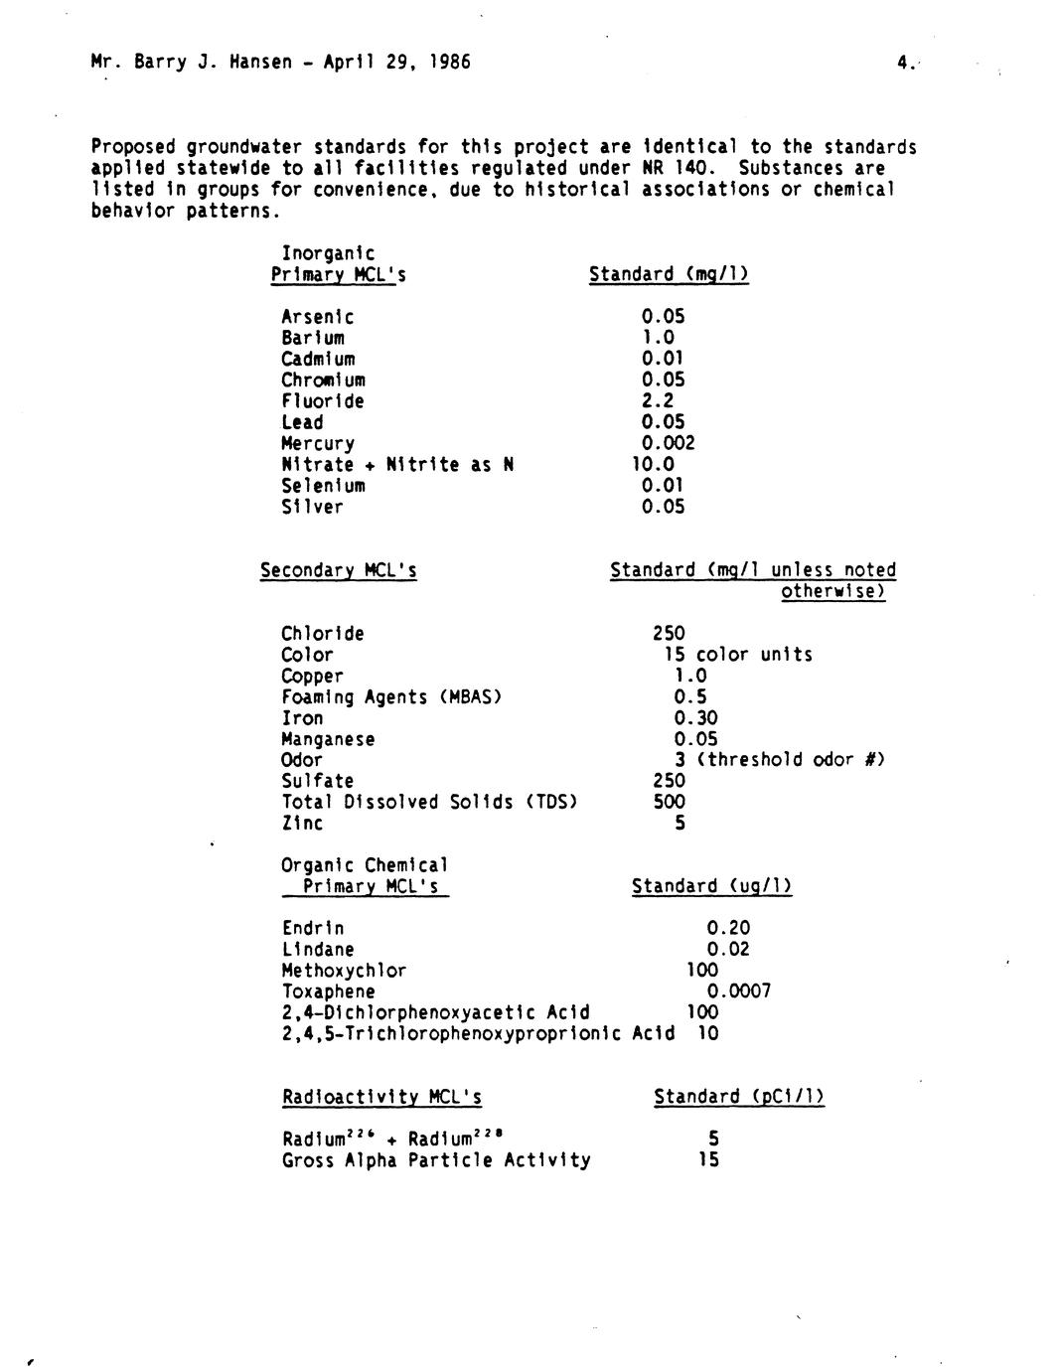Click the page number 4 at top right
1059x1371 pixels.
(x=903, y=63)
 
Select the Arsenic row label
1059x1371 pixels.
(x=317, y=317)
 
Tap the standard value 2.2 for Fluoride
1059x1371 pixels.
(x=657, y=401)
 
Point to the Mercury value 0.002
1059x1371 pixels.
(x=668, y=443)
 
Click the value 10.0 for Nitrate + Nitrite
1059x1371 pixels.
(x=653, y=464)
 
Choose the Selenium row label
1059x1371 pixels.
(x=323, y=486)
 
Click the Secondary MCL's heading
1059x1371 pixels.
(x=338, y=570)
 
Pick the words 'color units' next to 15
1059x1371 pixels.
(x=754, y=655)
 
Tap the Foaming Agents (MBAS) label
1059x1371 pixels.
(x=390, y=697)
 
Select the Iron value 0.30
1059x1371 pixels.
(x=695, y=718)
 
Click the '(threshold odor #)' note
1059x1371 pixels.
(x=790, y=760)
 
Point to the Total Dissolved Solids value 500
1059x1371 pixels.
(x=669, y=802)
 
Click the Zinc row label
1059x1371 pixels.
(x=302, y=823)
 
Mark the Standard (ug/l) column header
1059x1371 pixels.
(x=711, y=886)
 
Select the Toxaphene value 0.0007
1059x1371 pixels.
(x=738, y=990)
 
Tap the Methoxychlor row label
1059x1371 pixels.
(x=344, y=970)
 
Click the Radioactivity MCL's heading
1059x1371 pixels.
(x=381, y=1097)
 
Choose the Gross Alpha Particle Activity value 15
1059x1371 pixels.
(x=707, y=1159)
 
